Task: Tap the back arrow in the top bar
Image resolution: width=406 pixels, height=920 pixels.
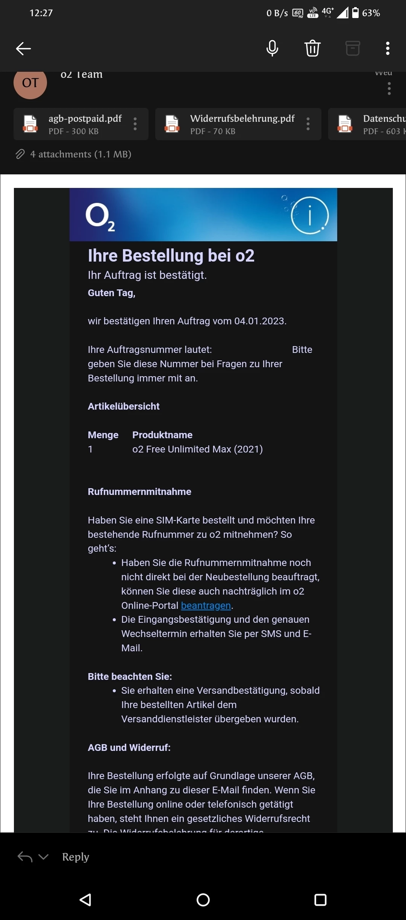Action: (x=23, y=48)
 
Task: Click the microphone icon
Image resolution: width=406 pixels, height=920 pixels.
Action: (x=272, y=48)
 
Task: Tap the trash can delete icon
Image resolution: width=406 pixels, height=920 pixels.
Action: (x=312, y=48)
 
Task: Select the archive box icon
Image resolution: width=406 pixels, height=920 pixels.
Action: (x=353, y=48)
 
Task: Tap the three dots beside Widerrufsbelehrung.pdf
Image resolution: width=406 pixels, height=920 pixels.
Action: (x=308, y=124)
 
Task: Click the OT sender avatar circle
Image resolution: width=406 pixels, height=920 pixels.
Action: (x=30, y=83)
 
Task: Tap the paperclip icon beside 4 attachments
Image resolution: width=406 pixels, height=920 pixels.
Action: (x=20, y=154)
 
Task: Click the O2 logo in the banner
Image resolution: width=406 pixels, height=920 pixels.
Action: (x=100, y=217)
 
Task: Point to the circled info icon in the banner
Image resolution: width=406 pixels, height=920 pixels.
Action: (x=310, y=215)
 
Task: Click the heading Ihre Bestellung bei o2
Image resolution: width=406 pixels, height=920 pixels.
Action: (x=171, y=256)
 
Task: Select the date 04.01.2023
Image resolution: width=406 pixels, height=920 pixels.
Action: (x=260, y=321)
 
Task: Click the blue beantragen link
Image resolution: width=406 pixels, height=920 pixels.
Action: (x=206, y=605)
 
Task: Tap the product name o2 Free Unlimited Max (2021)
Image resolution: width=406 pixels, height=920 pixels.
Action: (x=197, y=449)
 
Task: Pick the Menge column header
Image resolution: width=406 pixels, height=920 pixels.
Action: (x=103, y=435)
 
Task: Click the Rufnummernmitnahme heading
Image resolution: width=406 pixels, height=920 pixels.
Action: (x=139, y=492)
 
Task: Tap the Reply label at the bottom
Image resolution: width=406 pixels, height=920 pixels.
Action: (x=76, y=857)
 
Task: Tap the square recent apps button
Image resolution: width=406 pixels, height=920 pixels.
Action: (x=320, y=900)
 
